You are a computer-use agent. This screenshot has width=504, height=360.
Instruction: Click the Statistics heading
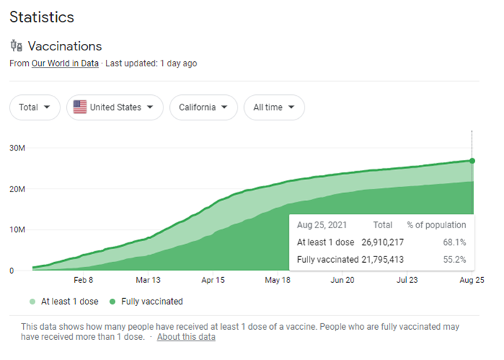(42, 17)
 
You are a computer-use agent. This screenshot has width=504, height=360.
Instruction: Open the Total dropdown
(35, 107)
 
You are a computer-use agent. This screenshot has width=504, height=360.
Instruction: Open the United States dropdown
(114, 107)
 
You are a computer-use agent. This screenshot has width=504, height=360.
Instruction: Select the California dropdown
(203, 107)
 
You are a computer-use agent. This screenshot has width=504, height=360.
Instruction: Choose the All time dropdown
(274, 107)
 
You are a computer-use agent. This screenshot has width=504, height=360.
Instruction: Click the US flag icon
(80, 107)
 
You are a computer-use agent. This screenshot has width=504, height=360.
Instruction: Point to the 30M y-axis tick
(17, 148)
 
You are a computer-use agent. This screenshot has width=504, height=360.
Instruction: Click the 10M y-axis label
(17, 230)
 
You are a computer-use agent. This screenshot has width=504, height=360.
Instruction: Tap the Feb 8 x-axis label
(84, 281)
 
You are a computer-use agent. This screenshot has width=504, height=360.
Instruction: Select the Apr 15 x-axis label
(213, 281)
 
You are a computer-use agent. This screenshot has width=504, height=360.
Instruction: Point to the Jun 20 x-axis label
(342, 281)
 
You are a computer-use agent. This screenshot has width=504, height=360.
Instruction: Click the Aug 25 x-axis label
(472, 281)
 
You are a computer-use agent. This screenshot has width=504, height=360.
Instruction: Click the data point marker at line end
(472, 161)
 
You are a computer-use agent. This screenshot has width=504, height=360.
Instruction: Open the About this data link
(186, 337)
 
